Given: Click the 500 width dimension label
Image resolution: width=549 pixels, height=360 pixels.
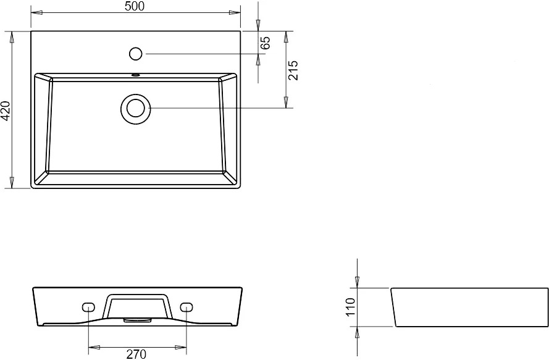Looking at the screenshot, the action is click(x=135, y=6).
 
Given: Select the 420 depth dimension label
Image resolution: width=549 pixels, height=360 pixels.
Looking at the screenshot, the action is click(x=6, y=111).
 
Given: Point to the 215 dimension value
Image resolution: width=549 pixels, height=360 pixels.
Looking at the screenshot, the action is click(x=293, y=70).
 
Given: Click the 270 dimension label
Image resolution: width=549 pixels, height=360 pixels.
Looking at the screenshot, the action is click(x=136, y=354).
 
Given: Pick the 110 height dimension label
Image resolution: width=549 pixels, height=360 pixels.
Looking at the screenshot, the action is click(x=351, y=307).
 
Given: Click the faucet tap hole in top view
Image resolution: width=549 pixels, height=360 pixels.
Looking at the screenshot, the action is click(x=135, y=54).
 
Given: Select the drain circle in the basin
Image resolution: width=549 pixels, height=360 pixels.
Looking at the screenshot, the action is click(x=135, y=108).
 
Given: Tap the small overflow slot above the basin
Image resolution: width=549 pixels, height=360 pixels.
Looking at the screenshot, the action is click(x=135, y=75).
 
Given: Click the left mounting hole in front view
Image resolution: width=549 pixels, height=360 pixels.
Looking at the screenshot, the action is click(x=88, y=307).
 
